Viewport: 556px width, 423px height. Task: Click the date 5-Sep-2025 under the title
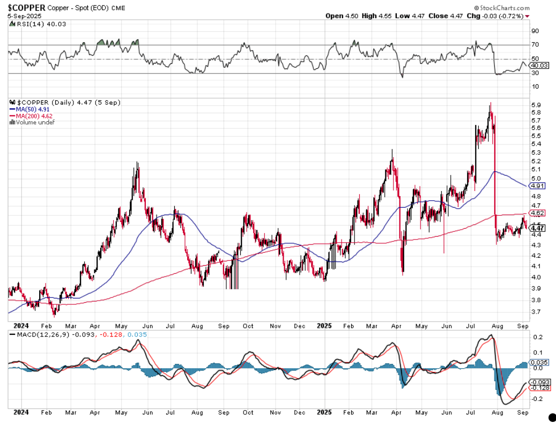tap(22, 16)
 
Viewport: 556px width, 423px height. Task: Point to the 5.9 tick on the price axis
tap(535, 105)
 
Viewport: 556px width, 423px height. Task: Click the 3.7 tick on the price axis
tap(535, 312)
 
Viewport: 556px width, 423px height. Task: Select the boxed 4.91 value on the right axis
tap(537, 186)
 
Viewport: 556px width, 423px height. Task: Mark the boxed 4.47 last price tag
tap(537, 228)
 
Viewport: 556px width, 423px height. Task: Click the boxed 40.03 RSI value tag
tap(538, 65)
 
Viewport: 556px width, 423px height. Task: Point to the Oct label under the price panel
tap(248, 325)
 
